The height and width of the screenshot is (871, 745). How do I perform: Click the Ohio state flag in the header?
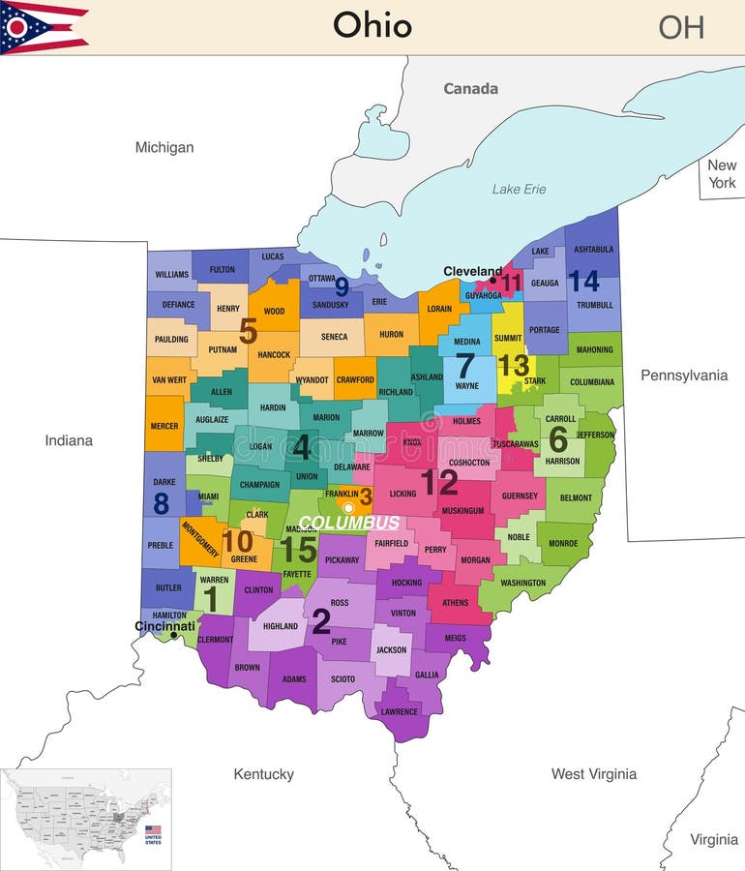tap(45, 27)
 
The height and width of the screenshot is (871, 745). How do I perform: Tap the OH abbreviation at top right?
tap(681, 27)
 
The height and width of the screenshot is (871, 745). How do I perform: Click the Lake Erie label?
tap(519, 189)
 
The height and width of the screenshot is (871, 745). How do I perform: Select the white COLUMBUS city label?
tap(348, 523)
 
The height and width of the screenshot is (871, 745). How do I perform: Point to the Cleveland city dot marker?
tap(492, 281)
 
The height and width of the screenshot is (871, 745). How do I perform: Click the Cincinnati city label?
tap(164, 626)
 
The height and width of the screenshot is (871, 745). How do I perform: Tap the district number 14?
tap(583, 282)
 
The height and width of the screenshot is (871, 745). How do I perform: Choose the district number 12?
tap(438, 482)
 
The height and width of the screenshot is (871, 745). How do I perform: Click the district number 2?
tap(321, 622)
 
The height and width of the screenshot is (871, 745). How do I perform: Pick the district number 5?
tap(248, 332)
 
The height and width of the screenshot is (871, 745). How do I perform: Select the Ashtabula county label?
tap(593, 249)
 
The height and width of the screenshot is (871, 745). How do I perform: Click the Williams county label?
tap(172, 275)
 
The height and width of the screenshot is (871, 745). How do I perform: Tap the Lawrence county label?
tap(399, 712)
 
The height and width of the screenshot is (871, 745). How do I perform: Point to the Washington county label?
tap(522, 583)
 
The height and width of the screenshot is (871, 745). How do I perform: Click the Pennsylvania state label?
tap(683, 375)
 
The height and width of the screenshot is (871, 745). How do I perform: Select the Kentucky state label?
tap(263, 774)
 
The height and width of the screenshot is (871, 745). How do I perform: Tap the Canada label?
tap(470, 89)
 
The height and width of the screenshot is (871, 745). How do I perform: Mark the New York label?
tap(722, 174)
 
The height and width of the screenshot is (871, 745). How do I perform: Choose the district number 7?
tap(465, 366)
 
